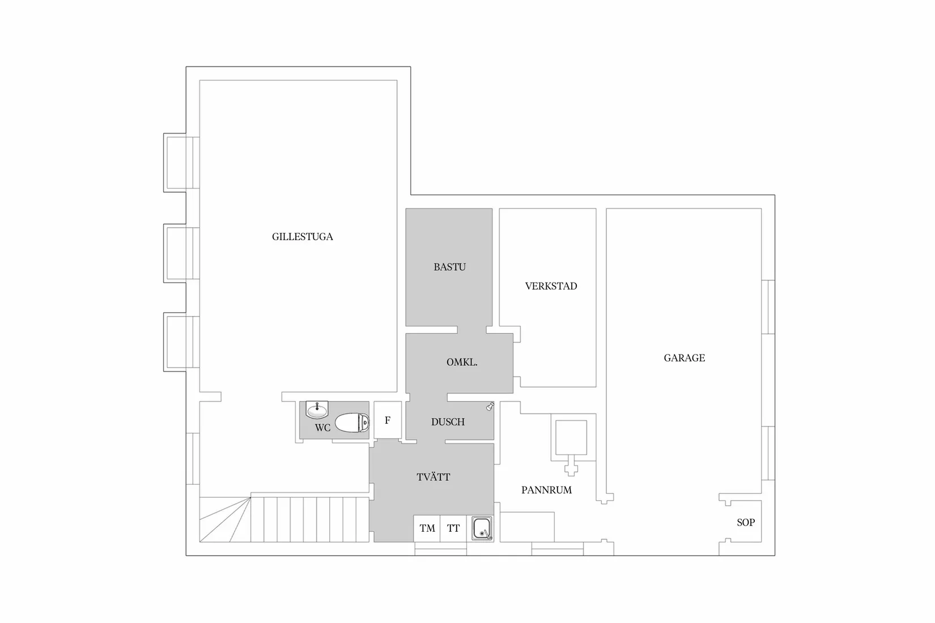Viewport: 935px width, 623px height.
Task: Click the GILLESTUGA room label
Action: (x=302, y=237)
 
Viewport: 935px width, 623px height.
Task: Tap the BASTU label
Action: (x=449, y=267)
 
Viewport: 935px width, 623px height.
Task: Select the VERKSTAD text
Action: (x=551, y=286)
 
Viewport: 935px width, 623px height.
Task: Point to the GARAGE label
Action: (x=684, y=358)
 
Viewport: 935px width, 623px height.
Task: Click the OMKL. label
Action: (x=462, y=362)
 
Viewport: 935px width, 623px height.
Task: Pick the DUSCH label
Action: (x=448, y=422)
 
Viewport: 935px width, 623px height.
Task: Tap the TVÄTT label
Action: (x=433, y=477)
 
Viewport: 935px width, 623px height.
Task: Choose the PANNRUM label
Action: (x=546, y=490)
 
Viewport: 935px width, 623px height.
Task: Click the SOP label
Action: (x=746, y=522)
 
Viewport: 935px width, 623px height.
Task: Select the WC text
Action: (x=322, y=428)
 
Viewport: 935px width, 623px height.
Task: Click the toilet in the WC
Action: (x=352, y=423)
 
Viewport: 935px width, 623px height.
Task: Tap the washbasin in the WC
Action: (x=317, y=410)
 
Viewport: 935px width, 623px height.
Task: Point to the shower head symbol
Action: (x=490, y=406)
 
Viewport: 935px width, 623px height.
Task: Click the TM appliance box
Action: (x=427, y=528)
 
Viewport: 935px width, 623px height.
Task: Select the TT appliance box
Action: (x=453, y=528)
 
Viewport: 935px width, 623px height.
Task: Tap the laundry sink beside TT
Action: (x=482, y=528)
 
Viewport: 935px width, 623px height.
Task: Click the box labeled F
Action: (x=388, y=420)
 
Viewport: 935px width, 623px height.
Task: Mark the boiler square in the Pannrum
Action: (x=571, y=438)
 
